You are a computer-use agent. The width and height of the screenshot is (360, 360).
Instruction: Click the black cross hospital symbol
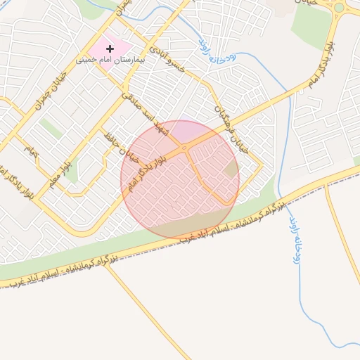pyautogui.click(x=110, y=49)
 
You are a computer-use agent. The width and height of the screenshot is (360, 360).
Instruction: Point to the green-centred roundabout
pyautogui.click(x=340, y=8)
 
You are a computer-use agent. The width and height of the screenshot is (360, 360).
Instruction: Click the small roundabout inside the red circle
pyautogui.click(x=184, y=148)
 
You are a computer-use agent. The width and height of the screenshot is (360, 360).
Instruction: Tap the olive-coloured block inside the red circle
pyautogui.click(x=231, y=168)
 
